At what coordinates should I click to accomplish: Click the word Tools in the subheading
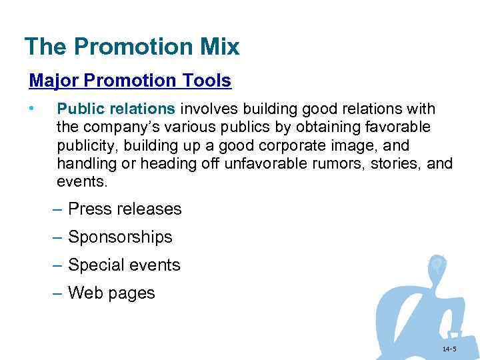pos(207,81)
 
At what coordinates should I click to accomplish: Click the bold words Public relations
pos(116,109)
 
